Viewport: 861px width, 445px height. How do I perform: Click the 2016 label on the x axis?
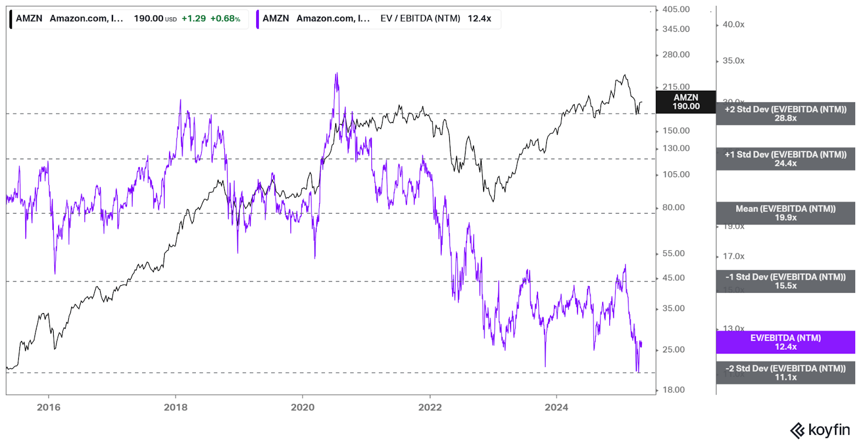pos(48,407)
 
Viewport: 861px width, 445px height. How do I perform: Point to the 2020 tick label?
pos(302,407)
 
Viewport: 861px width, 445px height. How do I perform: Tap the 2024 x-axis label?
pos(556,407)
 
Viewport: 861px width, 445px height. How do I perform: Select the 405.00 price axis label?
pos(676,10)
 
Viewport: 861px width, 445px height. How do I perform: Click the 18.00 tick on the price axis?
pos(673,390)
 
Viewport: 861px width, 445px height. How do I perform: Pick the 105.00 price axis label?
pos(676,174)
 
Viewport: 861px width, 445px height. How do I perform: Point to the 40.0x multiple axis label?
pos(733,25)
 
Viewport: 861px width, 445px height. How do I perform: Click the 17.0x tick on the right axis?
pos(733,257)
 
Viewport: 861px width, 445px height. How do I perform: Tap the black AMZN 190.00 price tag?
pos(686,102)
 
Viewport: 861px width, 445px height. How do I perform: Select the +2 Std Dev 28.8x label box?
pos(785,114)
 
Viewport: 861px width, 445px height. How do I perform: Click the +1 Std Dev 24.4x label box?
pos(785,159)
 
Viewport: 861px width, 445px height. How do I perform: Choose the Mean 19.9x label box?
pos(785,213)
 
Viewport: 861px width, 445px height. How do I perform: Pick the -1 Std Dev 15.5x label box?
pos(785,281)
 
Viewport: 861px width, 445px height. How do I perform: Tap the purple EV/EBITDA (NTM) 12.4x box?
pos(785,342)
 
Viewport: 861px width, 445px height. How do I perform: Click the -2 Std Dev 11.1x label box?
pos(785,372)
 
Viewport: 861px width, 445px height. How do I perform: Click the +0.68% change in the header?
pos(225,19)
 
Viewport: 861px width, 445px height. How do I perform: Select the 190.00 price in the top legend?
pos(149,19)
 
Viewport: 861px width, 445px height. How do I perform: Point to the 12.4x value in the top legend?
pos(479,19)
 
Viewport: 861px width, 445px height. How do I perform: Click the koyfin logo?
pos(820,430)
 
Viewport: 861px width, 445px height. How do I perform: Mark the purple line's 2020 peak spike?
pos(336,74)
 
